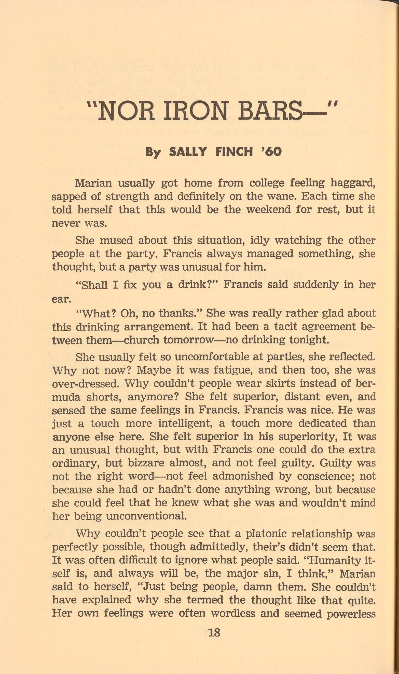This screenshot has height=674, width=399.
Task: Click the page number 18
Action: click(214, 632)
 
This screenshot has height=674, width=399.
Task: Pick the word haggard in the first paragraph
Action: click(352, 183)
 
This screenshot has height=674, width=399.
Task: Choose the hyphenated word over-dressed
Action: click(86, 384)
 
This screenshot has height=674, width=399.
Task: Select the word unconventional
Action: click(146, 516)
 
